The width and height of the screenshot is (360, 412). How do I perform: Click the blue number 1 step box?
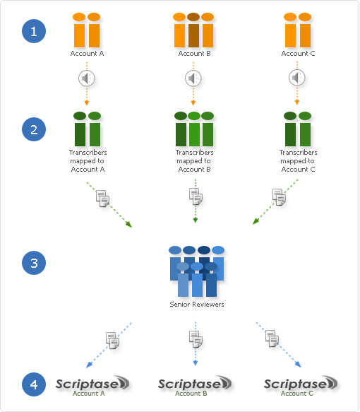(33, 31)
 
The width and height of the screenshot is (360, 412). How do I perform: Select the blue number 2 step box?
(33, 129)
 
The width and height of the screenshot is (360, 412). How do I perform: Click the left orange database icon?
(87, 33)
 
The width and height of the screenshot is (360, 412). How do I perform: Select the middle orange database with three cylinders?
(195, 33)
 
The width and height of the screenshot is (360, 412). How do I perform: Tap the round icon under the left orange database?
(86, 78)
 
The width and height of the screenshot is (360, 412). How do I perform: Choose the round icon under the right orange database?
(298, 78)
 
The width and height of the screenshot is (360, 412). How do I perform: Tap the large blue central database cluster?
(198, 274)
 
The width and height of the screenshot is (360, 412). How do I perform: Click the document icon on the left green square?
(104, 201)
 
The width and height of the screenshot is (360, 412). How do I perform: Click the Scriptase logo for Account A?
(92, 385)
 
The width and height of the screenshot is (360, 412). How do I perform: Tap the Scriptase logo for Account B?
(196, 385)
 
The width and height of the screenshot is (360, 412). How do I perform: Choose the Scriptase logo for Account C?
(302, 385)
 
